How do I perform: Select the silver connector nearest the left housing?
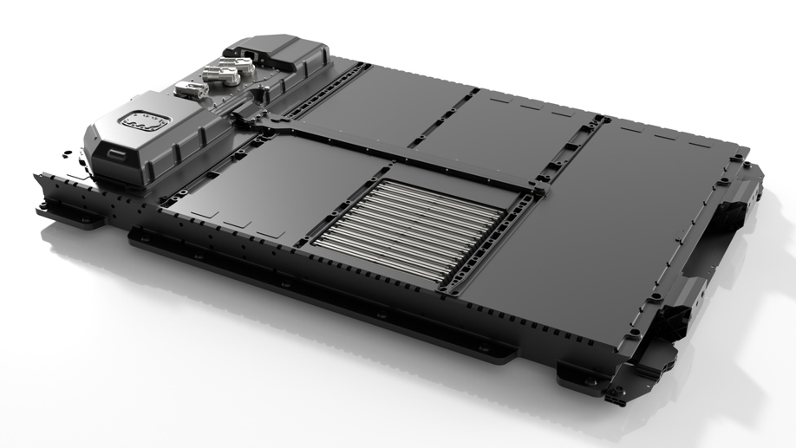186,88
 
